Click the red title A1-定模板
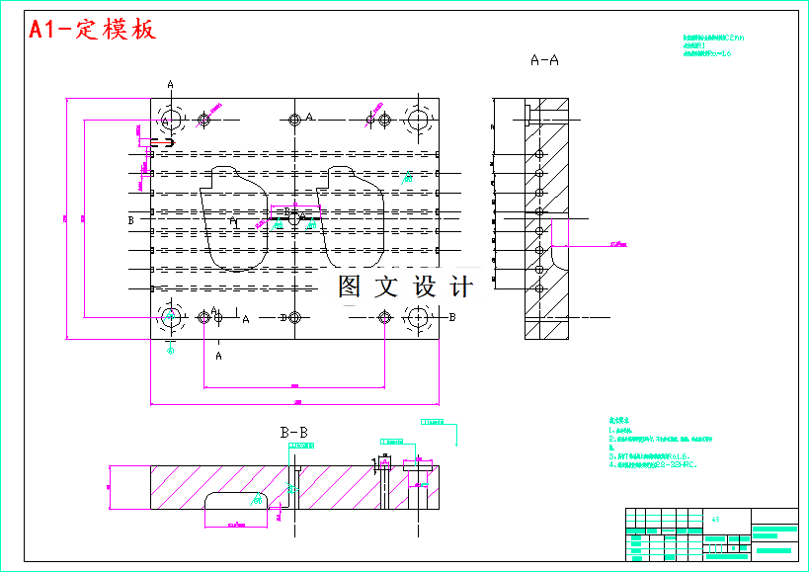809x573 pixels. click(92, 30)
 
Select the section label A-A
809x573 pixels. click(544, 60)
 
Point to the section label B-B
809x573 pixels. click(293, 432)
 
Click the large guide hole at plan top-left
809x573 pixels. click(170, 121)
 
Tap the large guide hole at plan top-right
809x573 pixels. click(418, 121)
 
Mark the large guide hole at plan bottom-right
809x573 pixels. click(418, 317)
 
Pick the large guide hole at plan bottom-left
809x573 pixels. click(170, 317)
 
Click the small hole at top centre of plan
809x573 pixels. click(294, 121)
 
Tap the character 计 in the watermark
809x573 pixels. click(461, 286)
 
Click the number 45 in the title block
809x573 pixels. click(714, 518)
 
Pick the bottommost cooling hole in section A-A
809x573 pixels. click(539, 288)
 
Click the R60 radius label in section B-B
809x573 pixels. click(258, 501)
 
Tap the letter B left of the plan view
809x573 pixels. click(130, 220)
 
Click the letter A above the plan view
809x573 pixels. click(170, 85)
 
